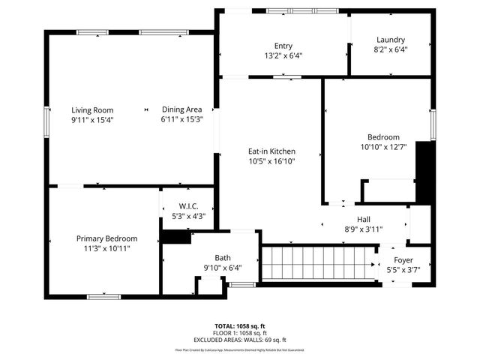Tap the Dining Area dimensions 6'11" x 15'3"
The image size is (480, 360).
point(181,119)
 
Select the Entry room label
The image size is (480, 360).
point(283,45)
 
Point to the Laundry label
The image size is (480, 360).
point(390,40)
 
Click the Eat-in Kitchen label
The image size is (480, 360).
point(272,151)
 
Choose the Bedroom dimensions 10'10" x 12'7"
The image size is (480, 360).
point(382,147)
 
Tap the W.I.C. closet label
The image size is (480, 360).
point(188,206)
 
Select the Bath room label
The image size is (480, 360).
point(223,257)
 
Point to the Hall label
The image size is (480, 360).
point(363,219)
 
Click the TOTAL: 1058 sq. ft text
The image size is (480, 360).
point(239,326)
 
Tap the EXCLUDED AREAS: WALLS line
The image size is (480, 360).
point(239,340)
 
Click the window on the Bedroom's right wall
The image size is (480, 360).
point(432,124)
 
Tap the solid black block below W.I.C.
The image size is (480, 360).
point(176,237)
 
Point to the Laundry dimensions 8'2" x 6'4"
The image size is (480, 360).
point(390,50)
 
